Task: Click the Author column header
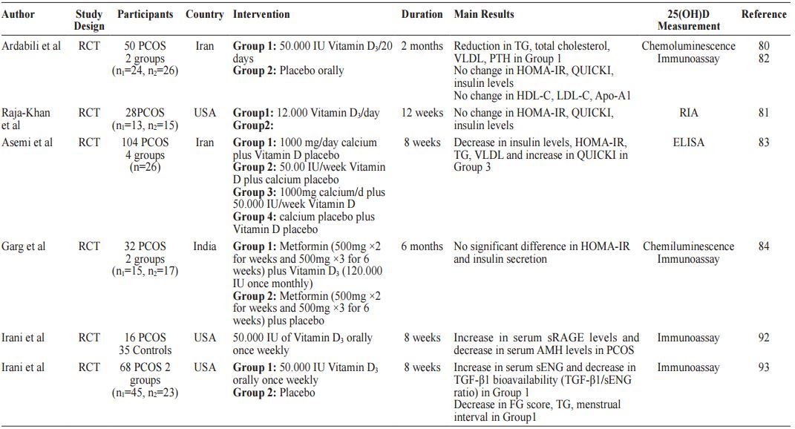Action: (x=18, y=14)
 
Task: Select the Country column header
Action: (x=204, y=14)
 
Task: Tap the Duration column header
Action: (x=422, y=14)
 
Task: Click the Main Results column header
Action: (x=484, y=14)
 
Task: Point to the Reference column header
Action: (x=764, y=14)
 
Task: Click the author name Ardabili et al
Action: (x=31, y=46)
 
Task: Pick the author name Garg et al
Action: (x=24, y=246)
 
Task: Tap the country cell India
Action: (x=205, y=246)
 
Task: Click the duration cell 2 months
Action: (x=422, y=46)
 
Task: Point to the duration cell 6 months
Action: (x=422, y=246)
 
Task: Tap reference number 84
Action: (x=764, y=246)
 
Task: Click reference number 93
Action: (x=764, y=367)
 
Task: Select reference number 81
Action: (x=764, y=113)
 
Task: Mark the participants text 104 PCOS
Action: (x=145, y=143)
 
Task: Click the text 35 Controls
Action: (x=145, y=350)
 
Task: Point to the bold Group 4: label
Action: (x=257, y=217)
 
